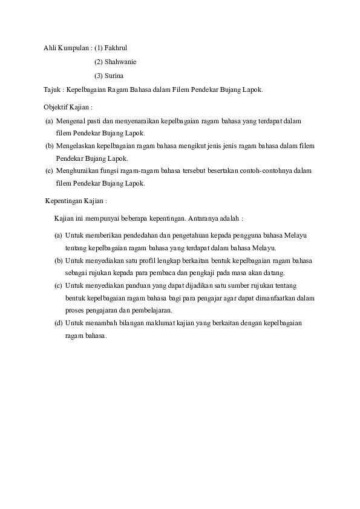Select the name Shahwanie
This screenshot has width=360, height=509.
(120, 62)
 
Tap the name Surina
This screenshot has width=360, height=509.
(114, 76)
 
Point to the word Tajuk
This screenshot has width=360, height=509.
(51, 89)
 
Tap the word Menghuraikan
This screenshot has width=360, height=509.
(76, 171)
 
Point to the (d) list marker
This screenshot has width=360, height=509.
(58, 323)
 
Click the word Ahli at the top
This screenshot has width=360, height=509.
(50, 47)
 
